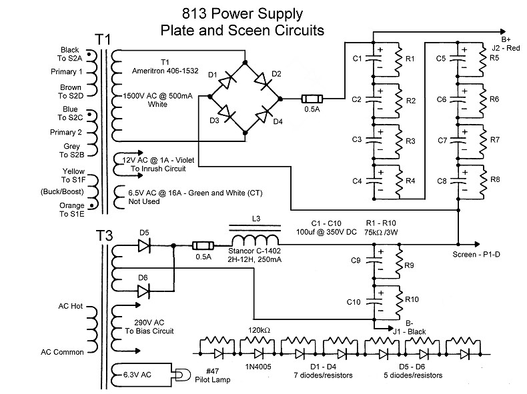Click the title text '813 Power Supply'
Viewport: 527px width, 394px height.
(242, 14)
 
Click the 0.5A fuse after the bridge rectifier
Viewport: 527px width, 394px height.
(312, 99)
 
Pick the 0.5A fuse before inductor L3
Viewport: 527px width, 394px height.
(203, 246)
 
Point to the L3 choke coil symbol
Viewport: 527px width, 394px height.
(255, 239)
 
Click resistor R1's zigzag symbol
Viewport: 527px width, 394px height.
(399, 60)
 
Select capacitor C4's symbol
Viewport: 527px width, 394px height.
(374, 181)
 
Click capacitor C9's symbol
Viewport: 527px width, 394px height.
(374, 261)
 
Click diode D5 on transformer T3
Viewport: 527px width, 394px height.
(144, 246)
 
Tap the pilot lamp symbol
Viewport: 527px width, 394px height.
(181, 375)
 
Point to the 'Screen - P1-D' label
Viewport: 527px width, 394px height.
(476, 255)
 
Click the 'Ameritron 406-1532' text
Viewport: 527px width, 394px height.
(165, 71)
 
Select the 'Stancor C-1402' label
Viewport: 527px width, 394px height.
(254, 251)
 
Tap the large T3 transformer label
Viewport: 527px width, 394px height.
(104, 235)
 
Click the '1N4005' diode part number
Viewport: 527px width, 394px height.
(258, 367)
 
